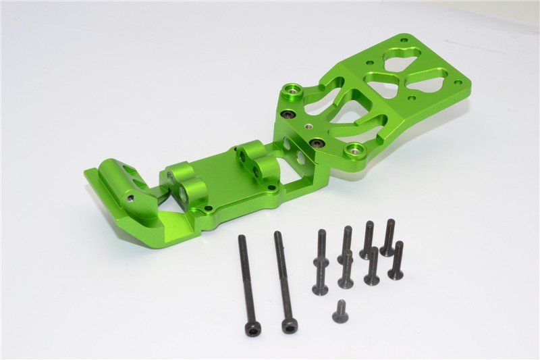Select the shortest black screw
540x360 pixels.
click(340, 313)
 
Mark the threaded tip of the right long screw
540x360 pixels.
click(277, 235)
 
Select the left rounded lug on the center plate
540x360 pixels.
click(184, 182)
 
